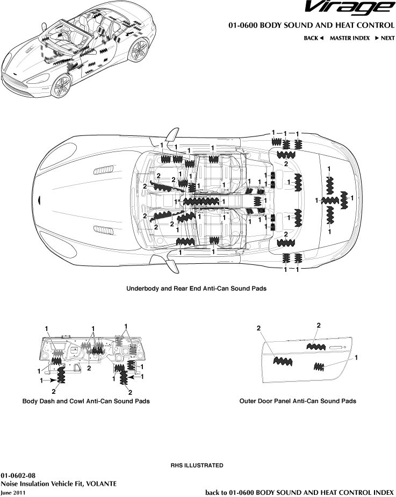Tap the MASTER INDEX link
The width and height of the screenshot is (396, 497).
point(349,38)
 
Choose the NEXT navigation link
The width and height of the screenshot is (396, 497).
point(385,38)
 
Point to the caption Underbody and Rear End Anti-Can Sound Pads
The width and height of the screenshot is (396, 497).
point(196,289)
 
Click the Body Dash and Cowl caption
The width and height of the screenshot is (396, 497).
point(85,401)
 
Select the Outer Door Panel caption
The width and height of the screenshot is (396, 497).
point(297,401)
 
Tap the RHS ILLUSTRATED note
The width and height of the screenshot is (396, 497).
point(197,465)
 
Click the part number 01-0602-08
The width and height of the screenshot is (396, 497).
point(18,476)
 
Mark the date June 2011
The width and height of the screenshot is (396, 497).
point(13,492)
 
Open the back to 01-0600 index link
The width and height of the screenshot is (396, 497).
point(300,492)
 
